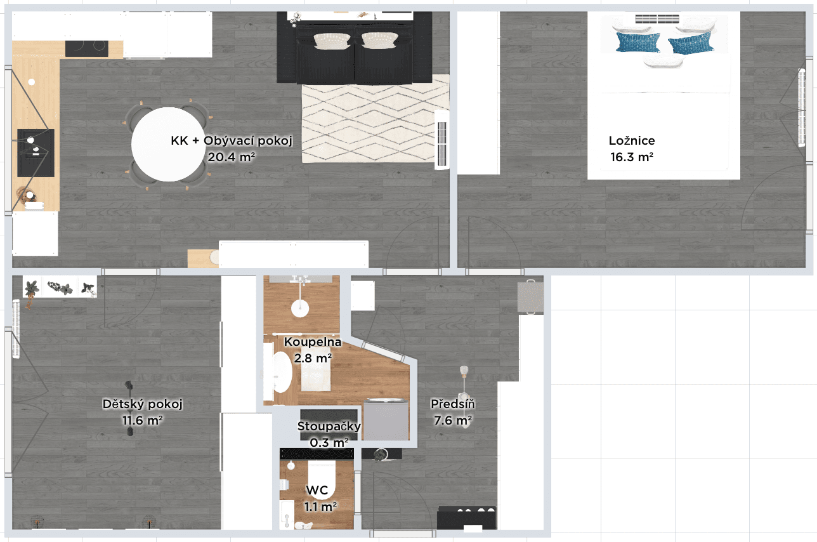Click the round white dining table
(166, 145)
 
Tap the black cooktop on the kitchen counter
(86, 48)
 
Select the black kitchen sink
(36, 152)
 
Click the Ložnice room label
(631, 141)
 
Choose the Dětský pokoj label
(143, 404)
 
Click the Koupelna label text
(313, 343)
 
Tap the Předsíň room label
(453, 404)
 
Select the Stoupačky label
(329, 426)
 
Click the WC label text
(317, 491)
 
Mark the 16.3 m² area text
(632, 157)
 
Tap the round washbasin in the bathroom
(300, 308)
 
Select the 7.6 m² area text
(453, 420)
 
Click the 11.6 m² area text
(143, 420)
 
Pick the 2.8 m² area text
(313, 359)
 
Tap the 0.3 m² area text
(329, 442)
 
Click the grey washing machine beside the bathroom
(386, 420)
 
